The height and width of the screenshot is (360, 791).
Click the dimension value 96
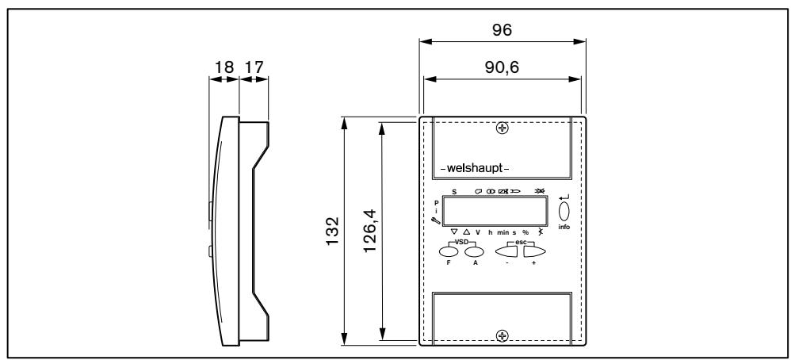click(501, 29)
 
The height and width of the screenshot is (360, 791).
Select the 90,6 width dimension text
click(501, 67)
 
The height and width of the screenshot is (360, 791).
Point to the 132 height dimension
click(334, 231)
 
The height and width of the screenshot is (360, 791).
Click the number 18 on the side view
click(224, 67)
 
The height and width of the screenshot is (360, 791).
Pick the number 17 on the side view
click(253, 67)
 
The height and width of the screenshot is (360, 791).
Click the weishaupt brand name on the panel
click(474, 169)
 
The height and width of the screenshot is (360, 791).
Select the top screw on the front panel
click(501, 128)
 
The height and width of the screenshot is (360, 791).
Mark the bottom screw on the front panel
click(501, 335)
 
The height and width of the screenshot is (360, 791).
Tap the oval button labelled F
click(449, 251)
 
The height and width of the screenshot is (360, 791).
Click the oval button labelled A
click(475, 251)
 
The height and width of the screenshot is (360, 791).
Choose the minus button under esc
click(507, 252)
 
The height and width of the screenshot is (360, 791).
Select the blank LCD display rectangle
click(495, 212)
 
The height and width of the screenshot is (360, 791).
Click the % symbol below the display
click(525, 232)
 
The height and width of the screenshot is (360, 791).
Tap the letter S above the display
click(454, 192)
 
